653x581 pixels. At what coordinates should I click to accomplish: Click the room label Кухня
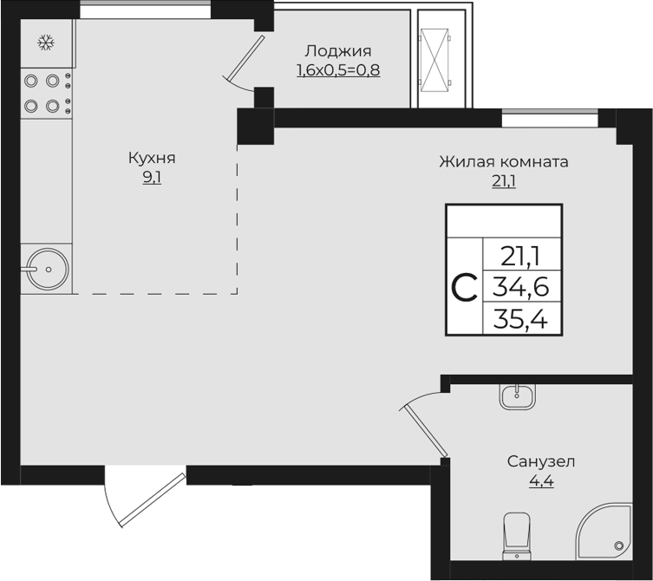[152, 158]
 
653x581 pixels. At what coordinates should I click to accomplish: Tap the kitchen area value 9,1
[152, 178]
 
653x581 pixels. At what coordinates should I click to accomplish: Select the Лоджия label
[338, 50]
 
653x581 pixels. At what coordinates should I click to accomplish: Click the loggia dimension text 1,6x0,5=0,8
[338, 70]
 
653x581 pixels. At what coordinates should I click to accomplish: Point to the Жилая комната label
[503, 161]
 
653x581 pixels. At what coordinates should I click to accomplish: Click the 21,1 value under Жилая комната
[503, 181]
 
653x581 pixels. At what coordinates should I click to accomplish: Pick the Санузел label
[541, 461]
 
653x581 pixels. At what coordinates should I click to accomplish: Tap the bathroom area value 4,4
[541, 481]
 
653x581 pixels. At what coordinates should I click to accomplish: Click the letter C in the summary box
[464, 286]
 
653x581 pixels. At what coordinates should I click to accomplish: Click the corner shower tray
[607, 533]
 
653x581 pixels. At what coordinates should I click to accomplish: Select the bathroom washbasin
[518, 396]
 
